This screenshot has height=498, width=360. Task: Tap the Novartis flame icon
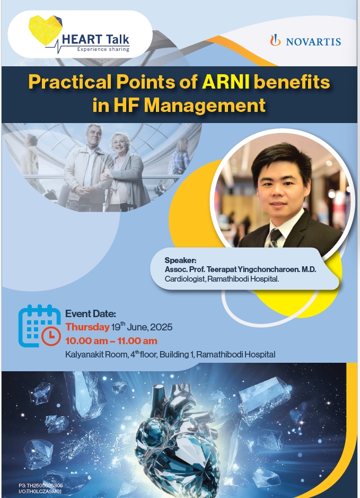point(276,40)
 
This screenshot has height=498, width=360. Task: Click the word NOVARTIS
point(314,41)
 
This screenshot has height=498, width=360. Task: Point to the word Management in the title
point(205,106)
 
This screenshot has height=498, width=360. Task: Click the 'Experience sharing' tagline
point(103,49)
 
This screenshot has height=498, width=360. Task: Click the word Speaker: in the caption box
point(180,260)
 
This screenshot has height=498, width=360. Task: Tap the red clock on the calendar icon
point(51,336)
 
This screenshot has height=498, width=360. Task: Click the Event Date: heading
point(91,314)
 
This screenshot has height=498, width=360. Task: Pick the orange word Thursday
point(87,327)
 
